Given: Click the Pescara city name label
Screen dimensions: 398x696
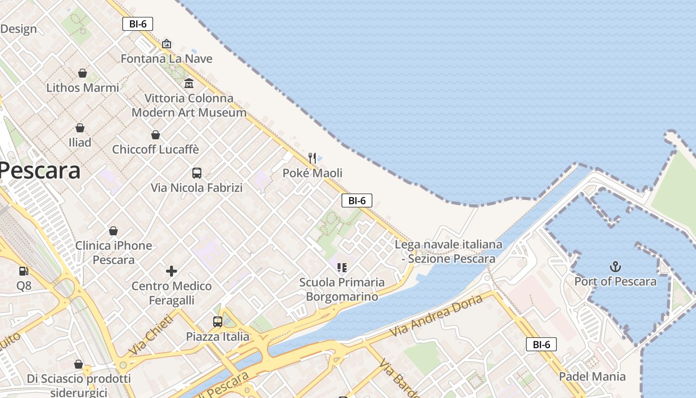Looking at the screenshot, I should point(40,171).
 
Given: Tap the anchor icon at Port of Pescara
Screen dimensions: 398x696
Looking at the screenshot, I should point(615,267).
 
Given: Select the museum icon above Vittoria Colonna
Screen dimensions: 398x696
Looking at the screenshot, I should point(189,84).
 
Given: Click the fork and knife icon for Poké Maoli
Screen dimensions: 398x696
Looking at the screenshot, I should point(312,158).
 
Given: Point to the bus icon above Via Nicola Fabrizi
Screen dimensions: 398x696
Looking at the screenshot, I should point(197,173).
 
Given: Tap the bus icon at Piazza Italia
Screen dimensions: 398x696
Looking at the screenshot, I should point(218,322).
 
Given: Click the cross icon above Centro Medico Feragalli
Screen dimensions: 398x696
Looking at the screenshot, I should point(172,271).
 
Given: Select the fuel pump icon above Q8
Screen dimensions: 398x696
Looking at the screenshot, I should point(23,271).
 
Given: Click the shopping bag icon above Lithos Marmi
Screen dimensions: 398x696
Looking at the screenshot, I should point(83,73).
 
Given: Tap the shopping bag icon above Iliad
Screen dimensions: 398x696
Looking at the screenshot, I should point(80,128).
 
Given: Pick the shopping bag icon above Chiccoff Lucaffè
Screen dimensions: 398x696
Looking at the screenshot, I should point(156,135).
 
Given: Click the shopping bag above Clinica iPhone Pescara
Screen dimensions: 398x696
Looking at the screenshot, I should point(113,231).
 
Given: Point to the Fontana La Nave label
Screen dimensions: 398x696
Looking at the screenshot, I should point(167,59).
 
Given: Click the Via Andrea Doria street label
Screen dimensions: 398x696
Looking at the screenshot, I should point(436,315).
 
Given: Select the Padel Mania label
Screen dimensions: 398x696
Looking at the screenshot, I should point(592,377).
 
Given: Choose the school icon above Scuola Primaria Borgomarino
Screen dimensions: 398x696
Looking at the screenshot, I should point(342,268).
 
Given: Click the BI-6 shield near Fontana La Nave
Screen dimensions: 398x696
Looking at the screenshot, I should point(138,24).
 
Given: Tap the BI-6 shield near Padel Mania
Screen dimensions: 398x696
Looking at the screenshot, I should point(541,344).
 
